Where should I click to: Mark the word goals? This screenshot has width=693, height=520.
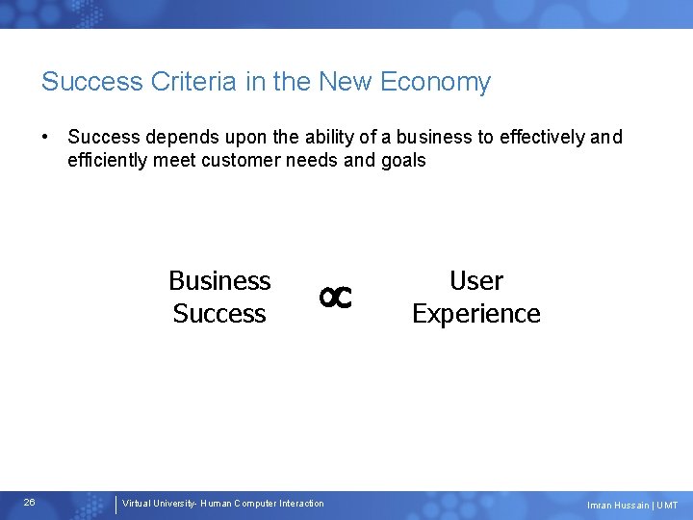point(402,160)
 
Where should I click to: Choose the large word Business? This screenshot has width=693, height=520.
point(219,280)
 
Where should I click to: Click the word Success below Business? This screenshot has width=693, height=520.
point(219,314)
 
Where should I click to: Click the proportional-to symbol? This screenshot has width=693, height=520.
point(336,299)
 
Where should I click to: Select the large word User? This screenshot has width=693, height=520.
point(476,280)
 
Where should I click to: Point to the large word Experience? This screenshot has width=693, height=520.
point(476,314)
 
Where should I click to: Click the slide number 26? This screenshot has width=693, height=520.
point(30,503)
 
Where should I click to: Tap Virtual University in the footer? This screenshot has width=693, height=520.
point(157,504)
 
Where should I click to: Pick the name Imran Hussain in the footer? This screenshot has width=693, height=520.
point(617,506)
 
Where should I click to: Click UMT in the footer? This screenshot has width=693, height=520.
point(667,506)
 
